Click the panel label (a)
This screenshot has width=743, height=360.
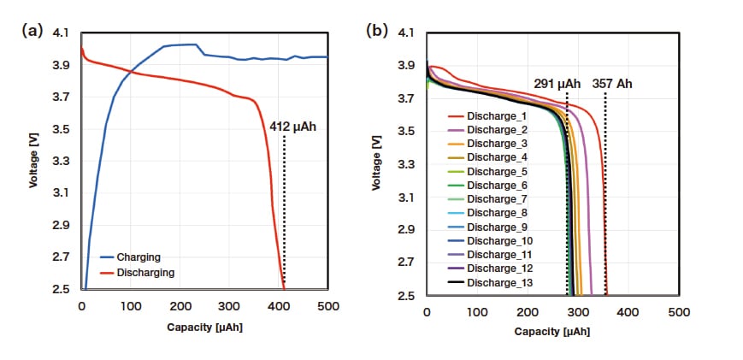point(33,30)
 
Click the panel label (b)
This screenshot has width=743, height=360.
point(376,30)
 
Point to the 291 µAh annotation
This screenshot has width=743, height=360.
point(557,84)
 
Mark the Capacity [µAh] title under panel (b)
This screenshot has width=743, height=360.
point(553,331)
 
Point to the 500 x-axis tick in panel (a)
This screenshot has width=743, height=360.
point(328,306)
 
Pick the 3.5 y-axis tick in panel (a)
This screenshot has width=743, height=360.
point(61,129)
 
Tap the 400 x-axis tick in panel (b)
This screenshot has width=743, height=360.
point(629,313)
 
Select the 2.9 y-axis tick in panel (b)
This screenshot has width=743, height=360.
point(405,230)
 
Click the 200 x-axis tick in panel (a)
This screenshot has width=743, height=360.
point(180,306)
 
